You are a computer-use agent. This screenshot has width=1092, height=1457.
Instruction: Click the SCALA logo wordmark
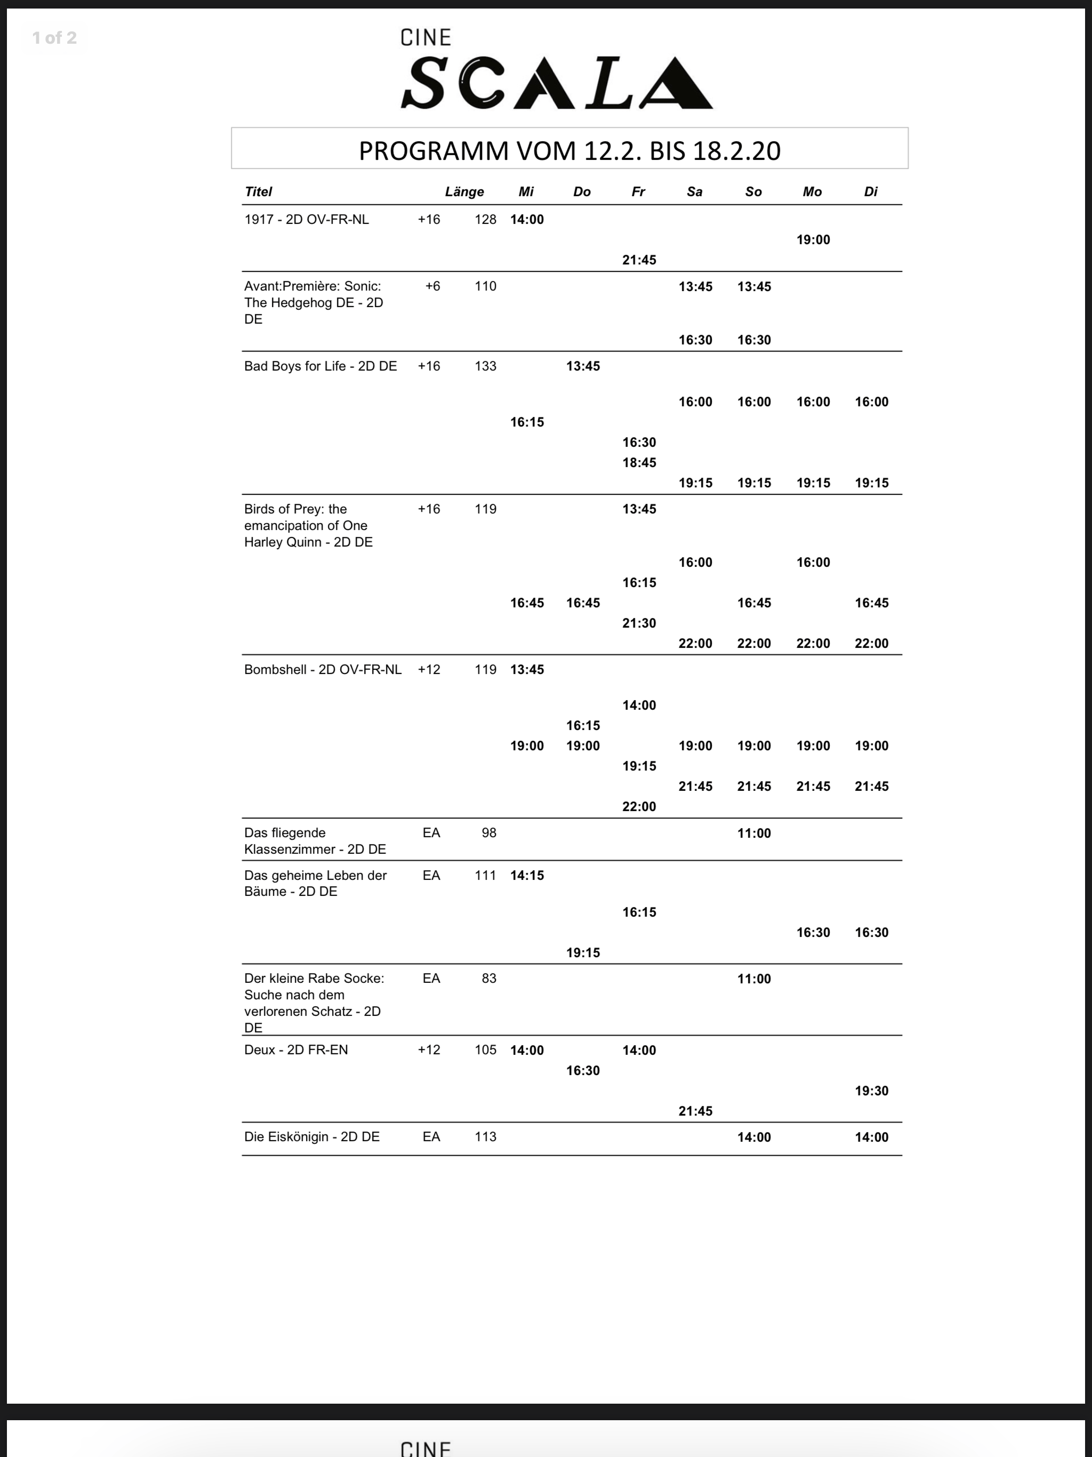(x=557, y=83)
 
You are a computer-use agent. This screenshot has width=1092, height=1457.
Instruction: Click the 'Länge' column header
(x=464, y=191)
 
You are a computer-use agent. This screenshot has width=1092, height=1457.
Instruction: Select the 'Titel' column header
(x=258, y=191)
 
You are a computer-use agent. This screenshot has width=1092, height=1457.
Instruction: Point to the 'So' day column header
(x=753, y=191)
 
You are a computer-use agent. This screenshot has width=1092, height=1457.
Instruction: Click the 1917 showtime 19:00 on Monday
(x=813, y=240)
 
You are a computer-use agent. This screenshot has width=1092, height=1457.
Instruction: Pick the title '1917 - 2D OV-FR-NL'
(x=306, y=219)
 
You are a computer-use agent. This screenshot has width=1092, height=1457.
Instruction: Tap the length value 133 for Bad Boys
(x=485, y=366)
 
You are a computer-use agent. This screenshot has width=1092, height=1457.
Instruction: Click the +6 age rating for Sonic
(x=433, y=286)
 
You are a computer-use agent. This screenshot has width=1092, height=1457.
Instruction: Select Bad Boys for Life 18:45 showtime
(x=639, y=462)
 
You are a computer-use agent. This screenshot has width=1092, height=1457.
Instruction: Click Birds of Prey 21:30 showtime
(x=639, y=623)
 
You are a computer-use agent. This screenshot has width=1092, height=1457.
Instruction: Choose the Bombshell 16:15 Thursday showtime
(x=583, y=725)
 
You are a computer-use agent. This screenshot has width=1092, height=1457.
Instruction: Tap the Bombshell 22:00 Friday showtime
(x=639, y=806)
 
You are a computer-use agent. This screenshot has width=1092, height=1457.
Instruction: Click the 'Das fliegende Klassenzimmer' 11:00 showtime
(x=753, y=833)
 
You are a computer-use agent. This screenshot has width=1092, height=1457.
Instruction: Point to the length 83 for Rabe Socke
(x=489, y=978)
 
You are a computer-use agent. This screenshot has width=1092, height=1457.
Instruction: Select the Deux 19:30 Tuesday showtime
(x=871, y=1091)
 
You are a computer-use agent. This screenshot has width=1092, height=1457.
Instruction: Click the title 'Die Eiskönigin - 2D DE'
(x=311, y=1137)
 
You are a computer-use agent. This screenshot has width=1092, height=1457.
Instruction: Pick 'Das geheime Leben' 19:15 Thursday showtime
(x=583, y=952)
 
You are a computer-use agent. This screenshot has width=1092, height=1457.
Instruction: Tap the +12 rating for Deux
(x=429, y=1050)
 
